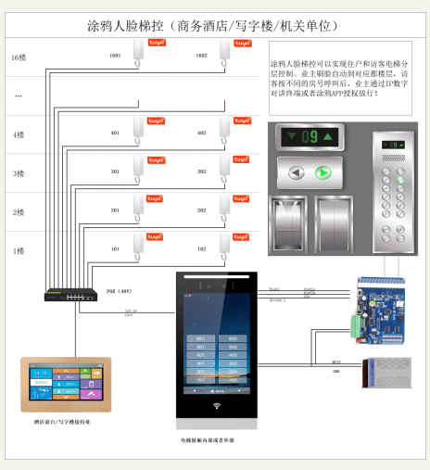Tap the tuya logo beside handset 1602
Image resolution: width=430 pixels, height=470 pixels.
pos(242,44)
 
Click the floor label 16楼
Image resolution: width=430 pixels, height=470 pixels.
pos(18,57)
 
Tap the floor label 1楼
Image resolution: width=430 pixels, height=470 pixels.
pos(18,251)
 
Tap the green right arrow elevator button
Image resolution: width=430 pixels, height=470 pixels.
pos(323,172)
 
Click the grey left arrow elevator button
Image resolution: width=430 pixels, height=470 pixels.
pos(297,172)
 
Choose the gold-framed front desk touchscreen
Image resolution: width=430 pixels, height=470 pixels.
pos(66,385)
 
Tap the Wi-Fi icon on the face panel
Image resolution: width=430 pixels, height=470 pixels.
pos(216,406)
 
